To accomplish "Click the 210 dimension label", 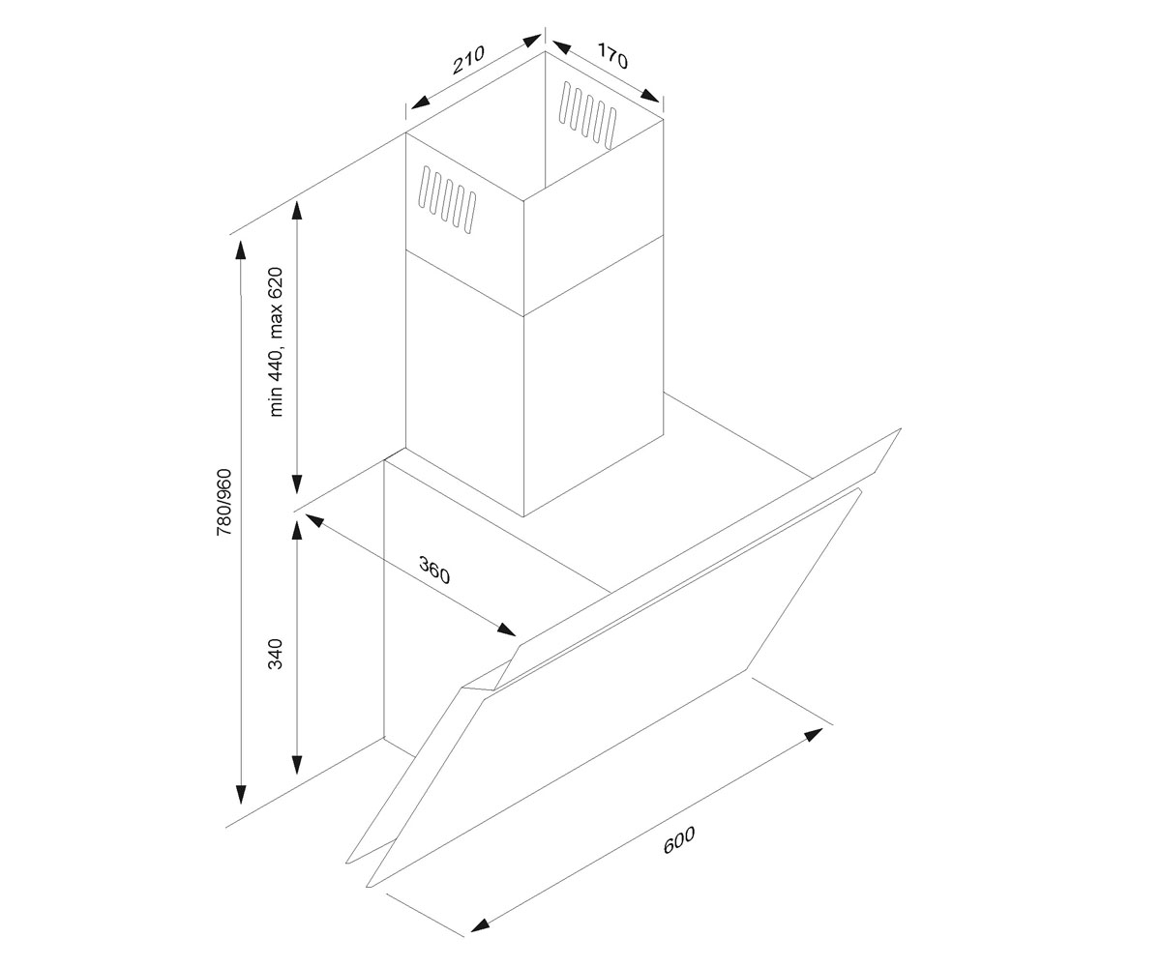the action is pos(468,59).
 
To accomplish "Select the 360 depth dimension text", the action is pos(434,571).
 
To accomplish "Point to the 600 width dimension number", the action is pos(679,840).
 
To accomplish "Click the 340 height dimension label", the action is pos(276,654).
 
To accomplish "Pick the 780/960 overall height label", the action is pos(223,503).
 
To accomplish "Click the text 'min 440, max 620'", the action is pos(276,341).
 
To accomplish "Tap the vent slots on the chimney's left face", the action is pos(448,199).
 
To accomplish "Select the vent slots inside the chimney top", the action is pos(588,116).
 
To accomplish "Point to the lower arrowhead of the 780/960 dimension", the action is pos(240,795).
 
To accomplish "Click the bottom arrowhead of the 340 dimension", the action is pos(297,765).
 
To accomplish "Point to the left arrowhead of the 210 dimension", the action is pos(421,102).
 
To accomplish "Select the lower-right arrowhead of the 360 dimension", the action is pos(505,630).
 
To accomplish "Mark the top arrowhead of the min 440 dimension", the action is pos(297,212).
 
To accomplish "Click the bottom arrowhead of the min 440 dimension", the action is pos(297,483).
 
